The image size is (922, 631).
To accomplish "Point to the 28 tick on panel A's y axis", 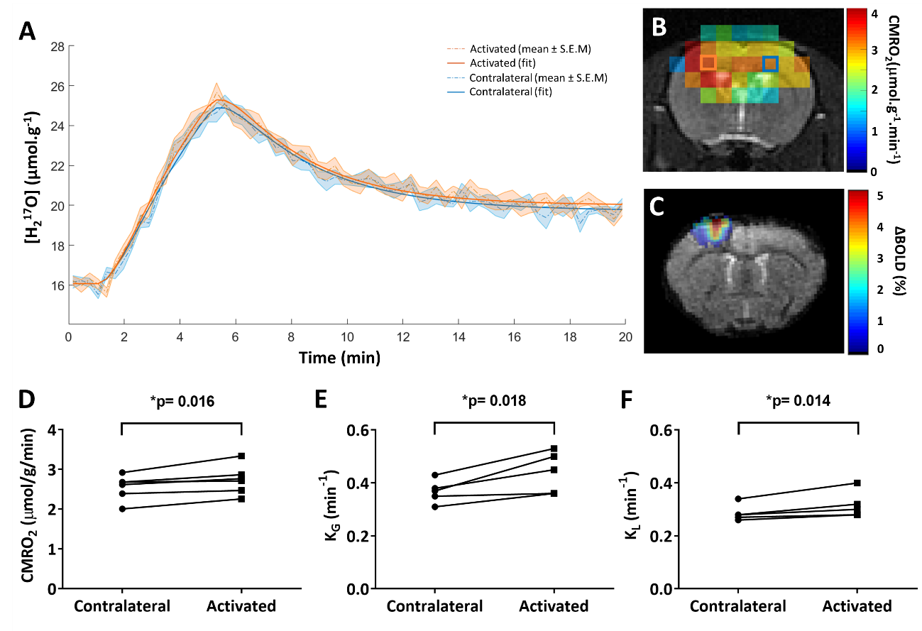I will click(x=57, y=47).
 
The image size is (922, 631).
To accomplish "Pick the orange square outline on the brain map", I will click(x=708, y=62).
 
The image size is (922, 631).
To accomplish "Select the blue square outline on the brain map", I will click(x=770, y=64).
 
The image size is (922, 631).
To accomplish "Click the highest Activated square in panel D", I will click(x=242, y=456).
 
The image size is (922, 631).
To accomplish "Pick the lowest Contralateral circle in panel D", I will click(x=122, y=509).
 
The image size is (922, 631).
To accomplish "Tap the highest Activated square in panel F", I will click(x=857, y=483).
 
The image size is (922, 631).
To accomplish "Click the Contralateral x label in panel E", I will click(x=434, y=606).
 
